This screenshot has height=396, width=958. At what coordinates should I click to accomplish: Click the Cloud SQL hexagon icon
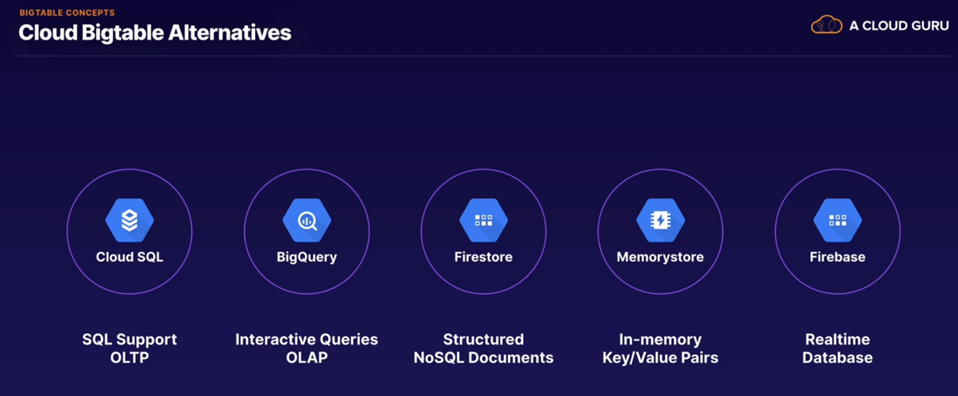click(x=129, y=220)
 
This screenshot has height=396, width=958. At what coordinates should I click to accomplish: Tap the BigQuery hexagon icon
click(x=307, y=220)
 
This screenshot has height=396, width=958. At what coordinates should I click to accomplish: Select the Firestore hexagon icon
click(x=484, y=220)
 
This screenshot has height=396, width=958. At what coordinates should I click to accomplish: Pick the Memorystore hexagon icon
click(x=660, y=220)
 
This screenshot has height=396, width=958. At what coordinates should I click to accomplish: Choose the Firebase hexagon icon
click(x=837, y=220)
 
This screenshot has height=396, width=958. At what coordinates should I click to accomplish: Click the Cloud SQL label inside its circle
click(x=129, y=257)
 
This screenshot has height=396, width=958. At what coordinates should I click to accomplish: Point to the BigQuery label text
click(x=307, y=257)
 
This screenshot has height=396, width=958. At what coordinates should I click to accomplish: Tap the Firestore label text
click(x=484, y=257)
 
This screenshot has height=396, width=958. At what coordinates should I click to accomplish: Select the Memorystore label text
click(x=660, y=257)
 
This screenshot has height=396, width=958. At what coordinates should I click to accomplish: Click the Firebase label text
click(x=837, y=257)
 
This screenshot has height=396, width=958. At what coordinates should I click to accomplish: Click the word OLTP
click(x=129, y=358)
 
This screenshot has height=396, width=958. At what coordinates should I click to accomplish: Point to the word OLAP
click(x=307, y=358)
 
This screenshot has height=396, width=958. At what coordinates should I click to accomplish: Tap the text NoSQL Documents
click(x=484, y=358)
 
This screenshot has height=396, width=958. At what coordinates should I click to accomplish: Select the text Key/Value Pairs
click(x=660, y=358)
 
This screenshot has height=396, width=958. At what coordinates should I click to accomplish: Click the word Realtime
click(x=837, y=339)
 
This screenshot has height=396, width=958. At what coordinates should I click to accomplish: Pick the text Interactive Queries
click(x=307, y=339)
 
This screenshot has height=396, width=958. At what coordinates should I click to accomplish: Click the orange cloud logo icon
click(x=827, y=25)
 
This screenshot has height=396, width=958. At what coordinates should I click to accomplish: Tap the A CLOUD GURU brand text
click(x=899, y=25)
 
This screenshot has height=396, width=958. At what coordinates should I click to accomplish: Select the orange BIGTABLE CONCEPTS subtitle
click(x=67, y=12)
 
